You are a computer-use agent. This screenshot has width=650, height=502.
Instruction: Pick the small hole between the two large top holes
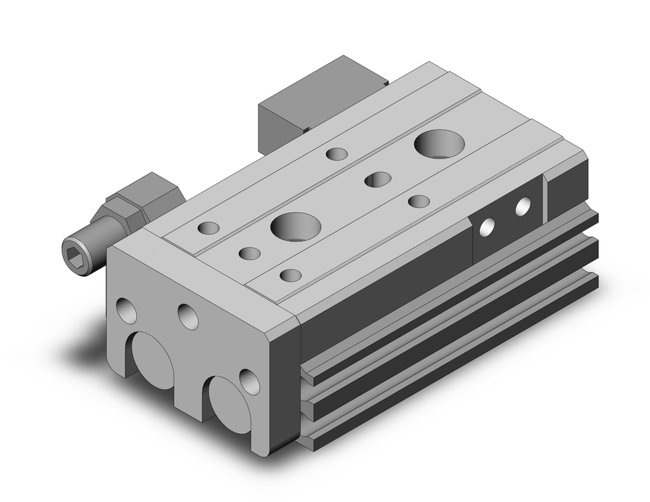coord(378,179)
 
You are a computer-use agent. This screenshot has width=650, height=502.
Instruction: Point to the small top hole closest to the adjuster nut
coord(209,228)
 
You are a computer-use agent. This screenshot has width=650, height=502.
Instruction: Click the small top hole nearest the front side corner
coord(291,275)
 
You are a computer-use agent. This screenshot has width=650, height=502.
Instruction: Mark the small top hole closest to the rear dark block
coord(337,154)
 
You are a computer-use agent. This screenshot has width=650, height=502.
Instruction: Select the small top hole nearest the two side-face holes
coord(419,201)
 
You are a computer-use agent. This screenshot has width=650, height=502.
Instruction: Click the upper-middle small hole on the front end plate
coord(188,316)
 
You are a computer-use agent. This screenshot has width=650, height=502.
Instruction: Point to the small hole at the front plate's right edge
coord(249,381)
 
